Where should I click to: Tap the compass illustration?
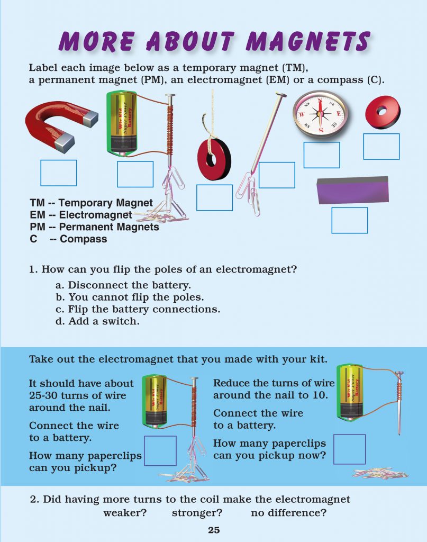tap(320, 112)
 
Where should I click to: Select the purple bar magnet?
tap(352, 191)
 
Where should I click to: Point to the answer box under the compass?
tap(321, 155)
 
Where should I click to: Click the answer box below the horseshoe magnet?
tap(59, 173)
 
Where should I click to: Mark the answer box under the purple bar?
tap(349, 220)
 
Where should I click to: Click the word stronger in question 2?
tap(196, 513)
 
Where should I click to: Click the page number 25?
tap(213, 530)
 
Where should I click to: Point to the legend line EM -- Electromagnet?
tap(81, 215)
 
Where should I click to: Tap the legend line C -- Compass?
tap(68, 239)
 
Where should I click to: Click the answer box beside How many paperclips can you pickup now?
tap(349, 449)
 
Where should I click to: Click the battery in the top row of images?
tap(123, 122)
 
